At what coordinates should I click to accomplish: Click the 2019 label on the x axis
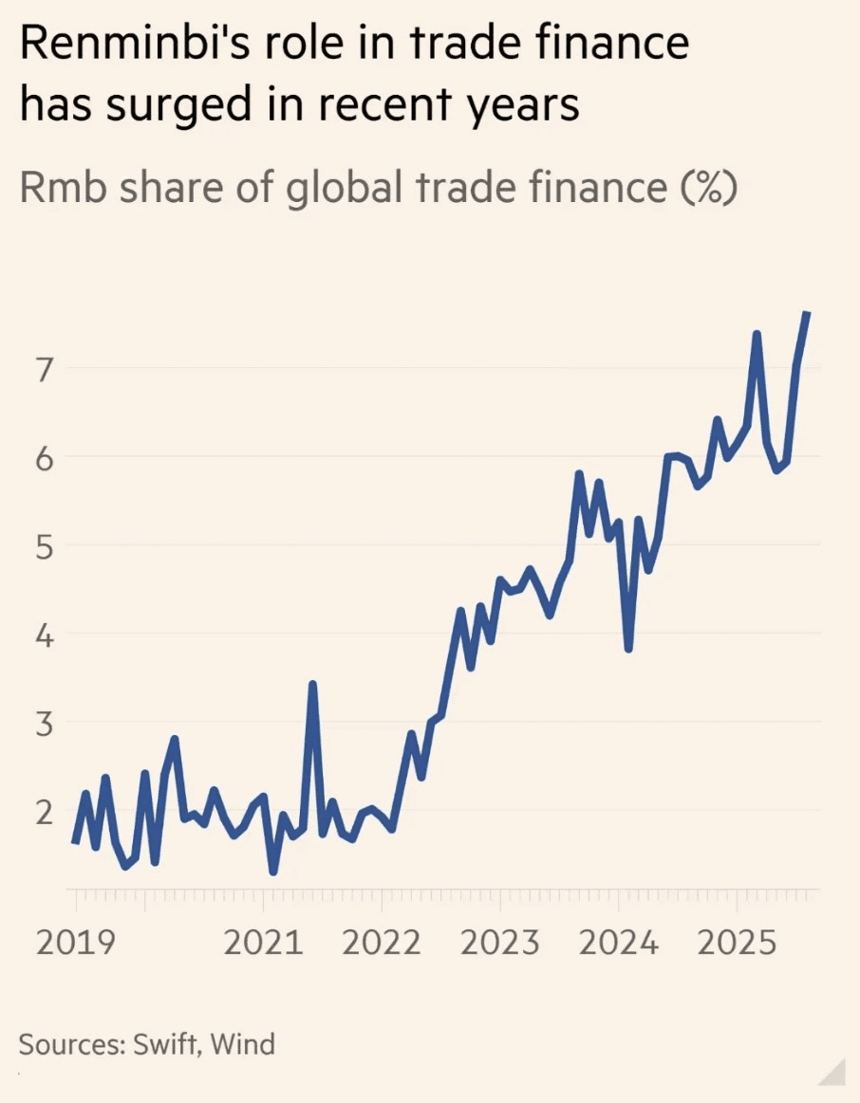point(75,943)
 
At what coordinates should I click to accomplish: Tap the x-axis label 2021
point(263,943)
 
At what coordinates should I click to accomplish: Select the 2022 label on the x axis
point(381,943)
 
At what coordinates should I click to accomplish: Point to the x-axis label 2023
point(499,943)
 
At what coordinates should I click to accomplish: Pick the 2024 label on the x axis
point(618,943)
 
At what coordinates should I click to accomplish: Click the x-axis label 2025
point(736,943)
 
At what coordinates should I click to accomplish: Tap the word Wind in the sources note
point(242,1044)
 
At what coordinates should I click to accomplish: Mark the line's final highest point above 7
point(806,313)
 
